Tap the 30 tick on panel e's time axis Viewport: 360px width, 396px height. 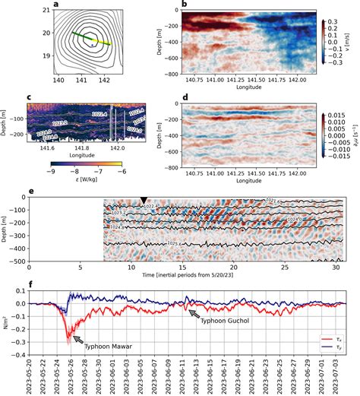(x=334, y=268)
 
